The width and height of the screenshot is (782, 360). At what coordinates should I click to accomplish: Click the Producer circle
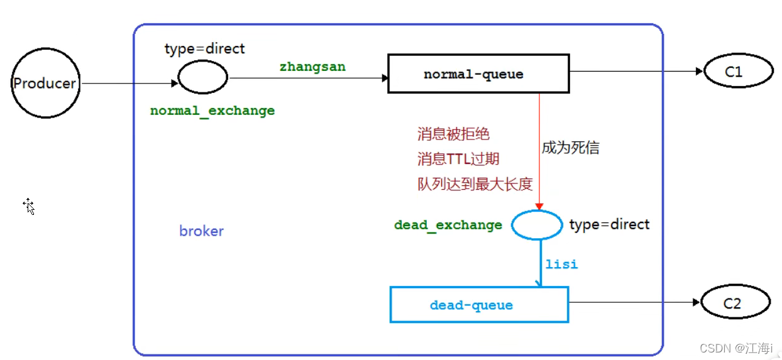point(45,84)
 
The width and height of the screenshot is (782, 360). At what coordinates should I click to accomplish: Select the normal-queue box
point(478,74)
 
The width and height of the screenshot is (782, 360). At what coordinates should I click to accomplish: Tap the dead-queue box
point(479,305)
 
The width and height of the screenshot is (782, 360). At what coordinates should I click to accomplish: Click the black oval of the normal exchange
point(203,79)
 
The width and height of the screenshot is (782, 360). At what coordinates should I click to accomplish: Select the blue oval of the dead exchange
point(536,225)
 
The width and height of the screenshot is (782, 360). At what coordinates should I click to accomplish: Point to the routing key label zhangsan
point(312,67)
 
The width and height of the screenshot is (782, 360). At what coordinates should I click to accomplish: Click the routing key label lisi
point(561,264)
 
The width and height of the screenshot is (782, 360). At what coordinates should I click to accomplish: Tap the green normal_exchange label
point(212,111)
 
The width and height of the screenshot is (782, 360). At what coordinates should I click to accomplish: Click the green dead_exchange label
point(448,225)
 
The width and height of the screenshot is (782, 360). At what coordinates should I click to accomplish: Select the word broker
point(201,231)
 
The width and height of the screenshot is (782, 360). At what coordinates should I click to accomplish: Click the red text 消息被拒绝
point(453,134)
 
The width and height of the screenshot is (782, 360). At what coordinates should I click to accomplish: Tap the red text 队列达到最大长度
point(475,184)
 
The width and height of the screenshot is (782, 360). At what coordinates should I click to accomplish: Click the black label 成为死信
point(570,148)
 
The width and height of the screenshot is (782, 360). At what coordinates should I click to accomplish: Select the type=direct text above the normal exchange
point(204,48)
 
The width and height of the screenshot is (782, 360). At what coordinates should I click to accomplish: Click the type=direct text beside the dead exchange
point(609,224)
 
